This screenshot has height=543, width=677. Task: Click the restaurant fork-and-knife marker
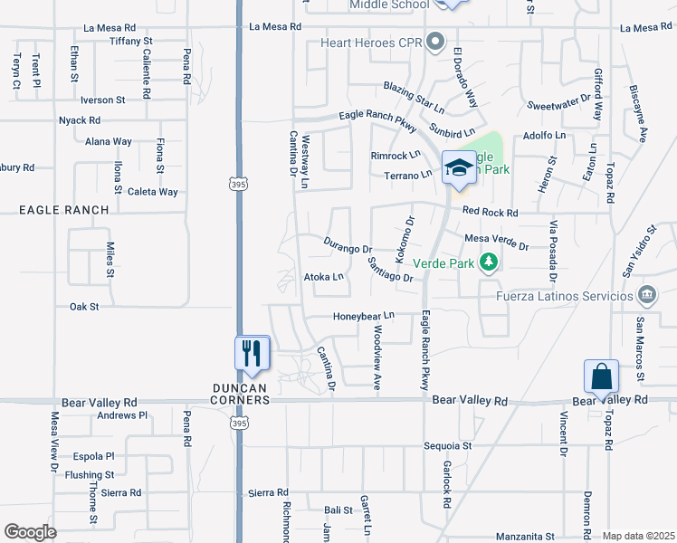pos(253,353)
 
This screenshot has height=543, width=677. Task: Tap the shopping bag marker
pos(601,375)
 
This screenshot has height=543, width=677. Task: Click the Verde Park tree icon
pos(490,262)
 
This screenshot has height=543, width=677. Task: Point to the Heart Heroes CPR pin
pos(436,42)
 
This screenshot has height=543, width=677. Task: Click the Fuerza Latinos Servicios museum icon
pos(647,295)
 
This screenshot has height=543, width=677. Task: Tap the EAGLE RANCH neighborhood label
pos(64,210)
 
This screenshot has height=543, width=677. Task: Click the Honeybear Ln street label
pos(365,316)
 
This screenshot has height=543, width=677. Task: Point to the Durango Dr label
pos(348,247)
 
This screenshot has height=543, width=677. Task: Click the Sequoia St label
pos(448,446)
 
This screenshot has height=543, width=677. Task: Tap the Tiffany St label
pos(131,42)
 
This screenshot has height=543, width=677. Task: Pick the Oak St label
pos(83,307)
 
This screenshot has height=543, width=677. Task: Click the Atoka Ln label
pos(324,277)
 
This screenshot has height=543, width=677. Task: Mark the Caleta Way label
pos(152,192)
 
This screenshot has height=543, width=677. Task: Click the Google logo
pos(30,532)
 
